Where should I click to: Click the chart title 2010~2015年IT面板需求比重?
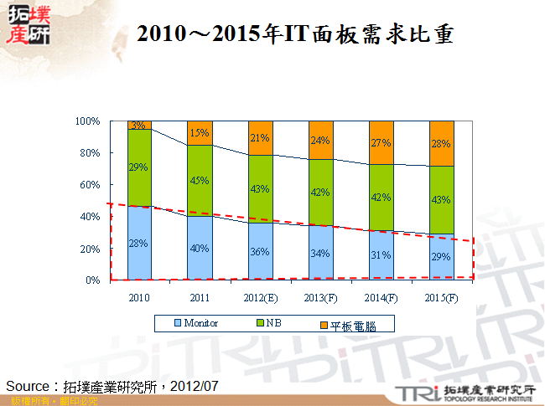(295, 34)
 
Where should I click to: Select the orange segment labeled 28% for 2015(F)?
(441, 143)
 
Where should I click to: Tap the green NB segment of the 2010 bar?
(139, 167)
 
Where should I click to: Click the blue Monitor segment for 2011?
(200, 248)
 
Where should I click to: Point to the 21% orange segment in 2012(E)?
(260, 138)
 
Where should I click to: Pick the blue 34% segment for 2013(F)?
(320, 253)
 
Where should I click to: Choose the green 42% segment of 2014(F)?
(381, 198)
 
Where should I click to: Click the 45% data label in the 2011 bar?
(200, 178)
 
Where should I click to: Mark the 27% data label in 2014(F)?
(381, 143)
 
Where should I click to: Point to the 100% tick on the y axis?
(88, 122)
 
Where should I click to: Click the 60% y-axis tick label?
(91, 185)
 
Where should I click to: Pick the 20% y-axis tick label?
(91, 249)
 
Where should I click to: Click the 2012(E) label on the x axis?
(260, 298)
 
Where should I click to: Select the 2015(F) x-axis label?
(441, 298)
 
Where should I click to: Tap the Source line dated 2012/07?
(112, 386)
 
